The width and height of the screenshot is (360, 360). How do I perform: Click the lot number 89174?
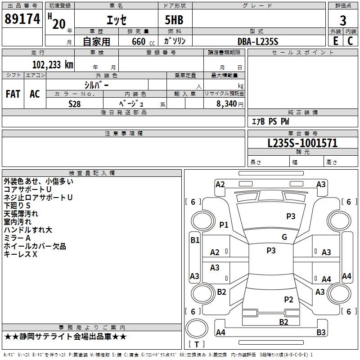click(x=22, y=18)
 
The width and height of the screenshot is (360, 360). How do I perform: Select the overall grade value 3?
click(x=343, y=21)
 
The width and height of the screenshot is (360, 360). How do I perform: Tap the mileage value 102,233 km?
click(x=53, y=65)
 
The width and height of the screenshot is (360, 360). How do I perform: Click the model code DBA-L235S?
click(x=258, y=41)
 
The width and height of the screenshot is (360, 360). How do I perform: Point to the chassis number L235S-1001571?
click(x=302, y=143)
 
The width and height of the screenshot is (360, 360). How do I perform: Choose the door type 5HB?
click(x=174, y=20)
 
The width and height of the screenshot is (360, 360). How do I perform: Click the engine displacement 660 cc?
click(x=143, y=41)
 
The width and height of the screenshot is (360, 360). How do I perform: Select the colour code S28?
click(x=75, y=104)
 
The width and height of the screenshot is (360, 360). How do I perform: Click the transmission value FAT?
click(x=13, y=94)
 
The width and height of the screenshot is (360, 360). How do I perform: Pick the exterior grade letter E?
click(x=336, y=41)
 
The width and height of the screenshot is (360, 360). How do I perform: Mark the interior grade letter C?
click(x=350, y=41)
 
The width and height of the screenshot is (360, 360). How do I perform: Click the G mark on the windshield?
click(x=284, y=237)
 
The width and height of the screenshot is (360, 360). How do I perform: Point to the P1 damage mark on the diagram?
click(x=224, y=225)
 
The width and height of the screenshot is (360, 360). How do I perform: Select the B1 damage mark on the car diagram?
click(x=195, y=240)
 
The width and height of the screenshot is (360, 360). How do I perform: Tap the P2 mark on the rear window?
click(x=288, y=299)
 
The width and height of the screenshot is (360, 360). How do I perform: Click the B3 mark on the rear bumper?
click(x=321, y=332)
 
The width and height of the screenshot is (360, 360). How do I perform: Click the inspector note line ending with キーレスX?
click(x=20, y=254)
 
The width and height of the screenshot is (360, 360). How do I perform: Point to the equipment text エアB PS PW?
click(x=270, y=121)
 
